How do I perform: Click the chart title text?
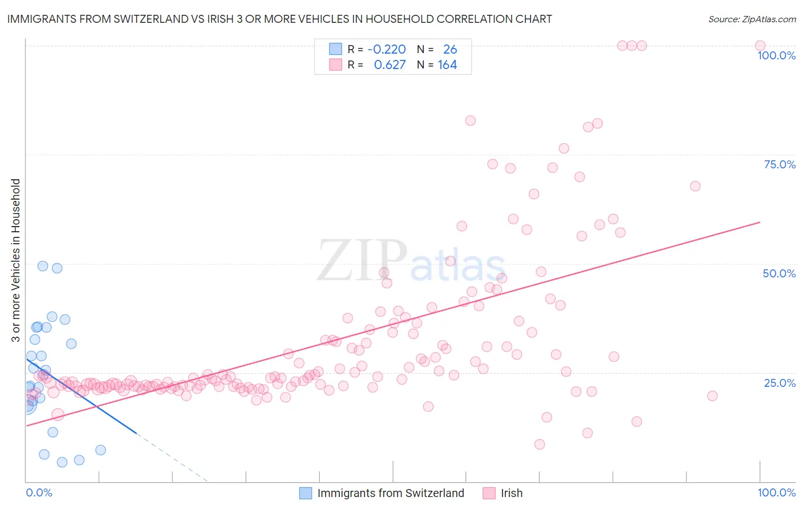(x=279, y=19)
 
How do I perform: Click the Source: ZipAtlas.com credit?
(x=752, y=19)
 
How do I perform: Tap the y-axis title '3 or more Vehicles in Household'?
(x=16, y=260)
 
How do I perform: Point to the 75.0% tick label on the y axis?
(x=780, y=164)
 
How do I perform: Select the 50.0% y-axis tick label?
(x=779, y=273)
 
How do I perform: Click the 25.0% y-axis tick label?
(x=780, y=383)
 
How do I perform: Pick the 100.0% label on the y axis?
(x=776, y=55)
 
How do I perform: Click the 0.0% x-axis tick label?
(x=39, y=492)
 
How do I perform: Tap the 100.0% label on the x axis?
(x=776, y=492)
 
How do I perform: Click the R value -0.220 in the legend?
(x=387, y=50)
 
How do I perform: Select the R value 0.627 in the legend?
(x=390, y=65)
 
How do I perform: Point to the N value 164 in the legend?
(x=447, y=65)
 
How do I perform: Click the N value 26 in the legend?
(x=450, y=50)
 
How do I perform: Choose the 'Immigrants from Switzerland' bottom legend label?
(x=391, y=493)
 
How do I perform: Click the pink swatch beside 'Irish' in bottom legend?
(x=489, y=493)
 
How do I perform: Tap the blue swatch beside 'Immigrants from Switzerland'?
(x=306, y=493)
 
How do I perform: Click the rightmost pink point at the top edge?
(x=760, y=46)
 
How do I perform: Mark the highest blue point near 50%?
(x=43, y=266)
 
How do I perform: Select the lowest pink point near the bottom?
(x=540, y=445)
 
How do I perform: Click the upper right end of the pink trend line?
(x=760, y=222)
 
